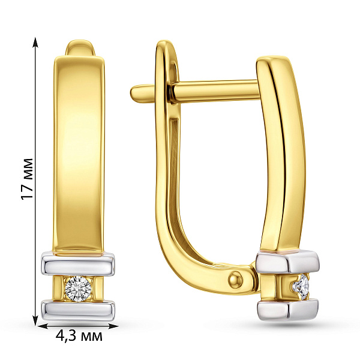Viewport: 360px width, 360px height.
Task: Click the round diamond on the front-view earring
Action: click(78, 289)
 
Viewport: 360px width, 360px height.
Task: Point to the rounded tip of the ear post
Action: click(134, 91)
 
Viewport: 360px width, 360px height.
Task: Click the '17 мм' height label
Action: click(27, 179)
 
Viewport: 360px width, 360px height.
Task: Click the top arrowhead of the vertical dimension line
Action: click(35, 43)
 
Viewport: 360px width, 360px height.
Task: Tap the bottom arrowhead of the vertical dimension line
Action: click(35, 320)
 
